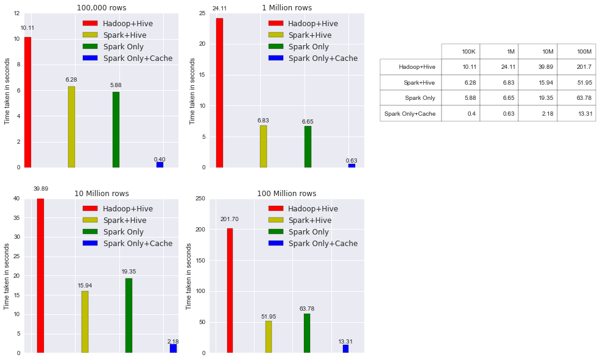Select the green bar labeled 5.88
[x=116, y=129]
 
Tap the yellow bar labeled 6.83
[x=263, y=146]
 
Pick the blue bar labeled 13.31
[x=345, y=348]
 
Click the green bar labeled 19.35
[x=129, y=316]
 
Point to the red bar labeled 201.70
[x=230, y=291]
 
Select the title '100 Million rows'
[x=286, y=194]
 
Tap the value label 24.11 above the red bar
[x=219, y=9]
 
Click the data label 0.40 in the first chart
[x=160, y=160]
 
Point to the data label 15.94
[x=85, y=286]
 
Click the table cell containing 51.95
[x=576, y=82]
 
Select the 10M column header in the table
[x=537, y=51]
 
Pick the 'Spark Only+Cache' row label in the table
[x=411, y=113]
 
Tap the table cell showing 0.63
[x=499, y=113]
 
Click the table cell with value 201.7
[x=576, y=67]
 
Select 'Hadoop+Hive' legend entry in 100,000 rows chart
[x=127, y=24]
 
